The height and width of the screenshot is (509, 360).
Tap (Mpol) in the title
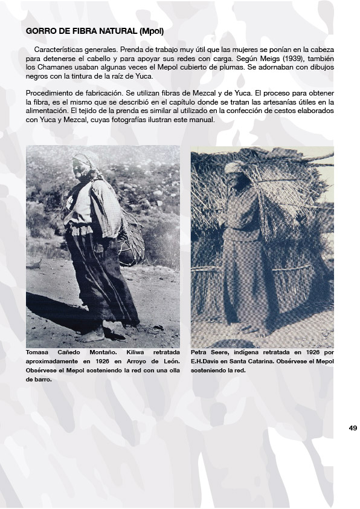[x=150, y=30]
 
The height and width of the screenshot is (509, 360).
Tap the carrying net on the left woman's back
[x=131, y=239]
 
